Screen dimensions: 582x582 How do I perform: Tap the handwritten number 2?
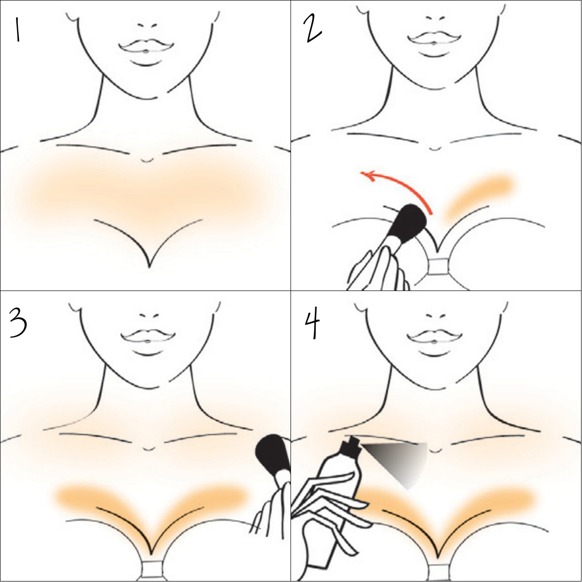313,29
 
